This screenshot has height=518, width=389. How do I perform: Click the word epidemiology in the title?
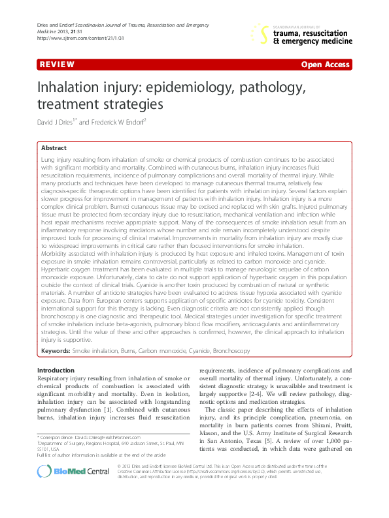pyautogui.click(x=192, y=88)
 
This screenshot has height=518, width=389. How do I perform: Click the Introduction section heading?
pyautogui.click(x=60, y=371)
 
